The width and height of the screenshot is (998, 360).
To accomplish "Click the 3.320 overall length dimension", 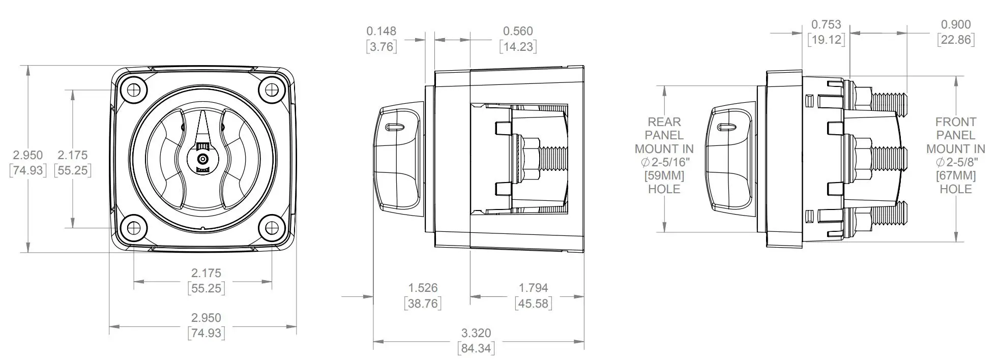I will pyautogui.click(x=476, y=333).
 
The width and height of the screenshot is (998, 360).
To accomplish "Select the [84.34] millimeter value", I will pyautogui.click(x=476, y=348).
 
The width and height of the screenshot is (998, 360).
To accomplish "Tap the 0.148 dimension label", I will pyautogui.click(x=381, y=31).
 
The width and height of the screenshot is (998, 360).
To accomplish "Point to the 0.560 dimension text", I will pyautogui.click(x=518, y=31).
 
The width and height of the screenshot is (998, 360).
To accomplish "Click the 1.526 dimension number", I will pyautogui.click(x=423, y=288).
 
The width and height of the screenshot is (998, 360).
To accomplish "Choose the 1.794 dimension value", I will pyautogui.click(x=533, y=288).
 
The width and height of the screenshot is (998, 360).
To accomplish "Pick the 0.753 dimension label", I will pyautogui.click(x=826, y=24).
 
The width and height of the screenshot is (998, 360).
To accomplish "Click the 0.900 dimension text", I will pyautogui.click(x=956, y=24).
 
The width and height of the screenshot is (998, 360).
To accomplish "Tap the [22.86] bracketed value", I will pyautogui.click(x=956, y=40).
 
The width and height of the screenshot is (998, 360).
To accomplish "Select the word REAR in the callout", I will pyautogui.click(x=664, y=122).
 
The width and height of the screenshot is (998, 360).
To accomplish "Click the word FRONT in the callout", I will pyautogui.click(x=955, y=122).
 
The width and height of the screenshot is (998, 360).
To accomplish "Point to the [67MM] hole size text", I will pyautogui.click(x=955, y=175).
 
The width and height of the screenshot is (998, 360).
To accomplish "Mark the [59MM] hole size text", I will pyautogui.click(x=664, y=175).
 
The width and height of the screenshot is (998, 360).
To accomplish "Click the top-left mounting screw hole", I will pyautogui.click(x=134, y=90).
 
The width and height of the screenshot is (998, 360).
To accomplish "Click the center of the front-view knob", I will pyautogui.click(x=203, y=159).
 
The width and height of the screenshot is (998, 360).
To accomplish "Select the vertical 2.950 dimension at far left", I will pyautogui.click(x=28, y=155).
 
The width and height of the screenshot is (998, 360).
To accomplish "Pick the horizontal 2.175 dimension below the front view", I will pyautogui.click(x=206, y=273).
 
